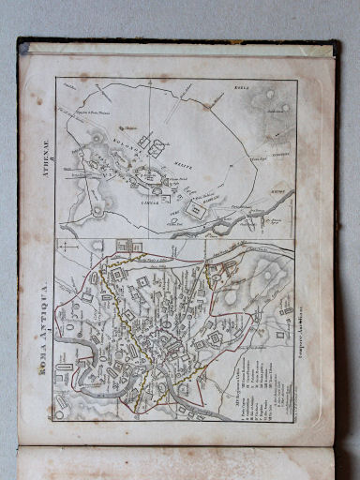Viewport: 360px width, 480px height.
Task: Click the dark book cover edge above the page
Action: pos(178,42)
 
